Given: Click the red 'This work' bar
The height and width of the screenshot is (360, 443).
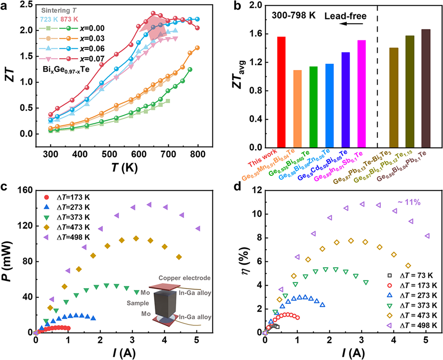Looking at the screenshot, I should [281, 92].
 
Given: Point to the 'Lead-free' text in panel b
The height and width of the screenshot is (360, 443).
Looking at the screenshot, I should [345, 16].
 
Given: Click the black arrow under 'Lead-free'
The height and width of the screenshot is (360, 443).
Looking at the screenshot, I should [351, 23].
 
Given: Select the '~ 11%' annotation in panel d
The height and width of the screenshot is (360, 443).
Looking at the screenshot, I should [409, 202].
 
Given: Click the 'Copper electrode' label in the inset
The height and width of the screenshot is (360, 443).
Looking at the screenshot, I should [184, 278].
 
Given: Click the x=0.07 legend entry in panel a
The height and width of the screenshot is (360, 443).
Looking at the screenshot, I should [92, 59].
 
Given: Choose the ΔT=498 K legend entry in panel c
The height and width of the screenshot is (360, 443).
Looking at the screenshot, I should [73, 237].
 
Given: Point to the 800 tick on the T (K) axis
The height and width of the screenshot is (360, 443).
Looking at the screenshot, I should [198, 154].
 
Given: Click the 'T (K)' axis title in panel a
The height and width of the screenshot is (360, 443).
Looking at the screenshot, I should [124, 168].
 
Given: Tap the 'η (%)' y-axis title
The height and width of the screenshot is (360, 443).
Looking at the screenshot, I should [245, 261].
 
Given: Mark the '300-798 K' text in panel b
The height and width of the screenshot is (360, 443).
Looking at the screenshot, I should [294, 15].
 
